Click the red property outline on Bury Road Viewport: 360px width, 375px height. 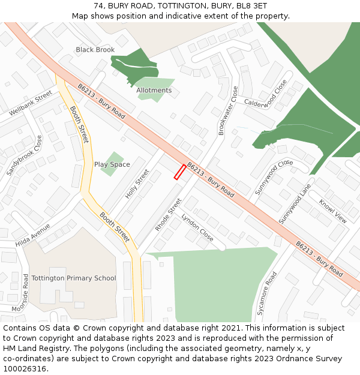coord(179,172)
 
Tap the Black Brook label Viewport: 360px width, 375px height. coord(95,50)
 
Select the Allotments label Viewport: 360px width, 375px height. coord(154,91)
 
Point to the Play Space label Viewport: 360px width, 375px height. coord(112,164)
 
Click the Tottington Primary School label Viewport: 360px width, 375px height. coord(74,278)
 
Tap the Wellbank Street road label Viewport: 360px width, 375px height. coord(31,103)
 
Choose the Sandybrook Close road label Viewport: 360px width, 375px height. coord(25,155)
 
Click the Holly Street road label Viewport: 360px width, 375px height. coord(137,184)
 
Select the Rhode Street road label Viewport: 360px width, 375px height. coord(168,215)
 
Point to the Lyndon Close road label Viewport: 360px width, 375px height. coord(197,227)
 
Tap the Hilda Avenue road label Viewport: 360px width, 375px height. coord(33,235)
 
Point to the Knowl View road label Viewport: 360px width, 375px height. coord(332,211)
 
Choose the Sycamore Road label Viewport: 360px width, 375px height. coord(267,293)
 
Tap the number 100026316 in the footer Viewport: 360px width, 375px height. coord(25,368)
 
